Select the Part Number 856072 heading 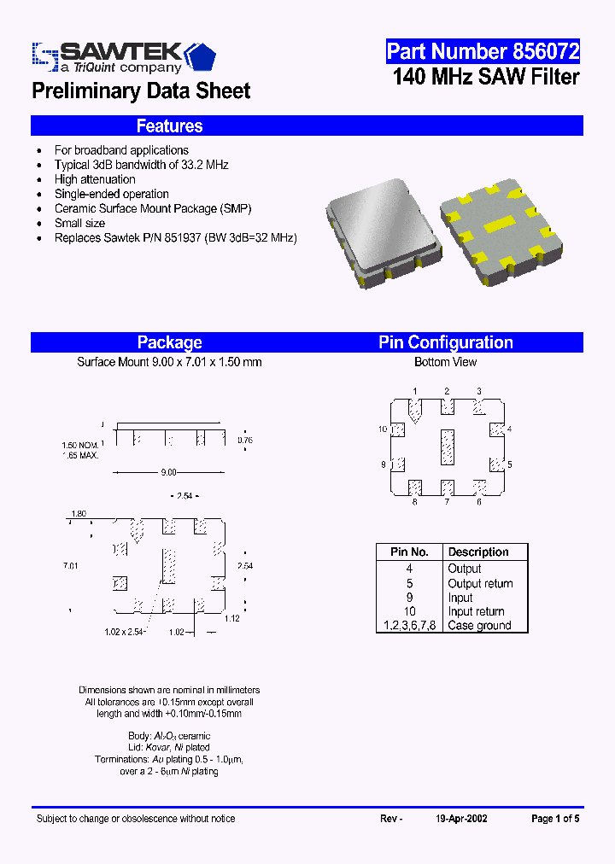(x=483, y=52)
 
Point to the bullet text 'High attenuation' (x=95, y=179)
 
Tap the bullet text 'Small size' (x=79, y=223)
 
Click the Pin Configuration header (x=445, y=342)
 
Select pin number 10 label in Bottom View (x=383, y=429)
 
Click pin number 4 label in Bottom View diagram (x=509, y=429)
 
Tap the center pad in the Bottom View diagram (x=446, y=447)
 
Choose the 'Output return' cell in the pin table (x=480, y=583)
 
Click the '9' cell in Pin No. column (x=409, y=598)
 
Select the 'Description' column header (x=478, y=552)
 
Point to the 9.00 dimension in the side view (x=168, y=472)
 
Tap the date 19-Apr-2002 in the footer (x=461, y=819)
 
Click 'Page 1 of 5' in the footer (x=555, y=819)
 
